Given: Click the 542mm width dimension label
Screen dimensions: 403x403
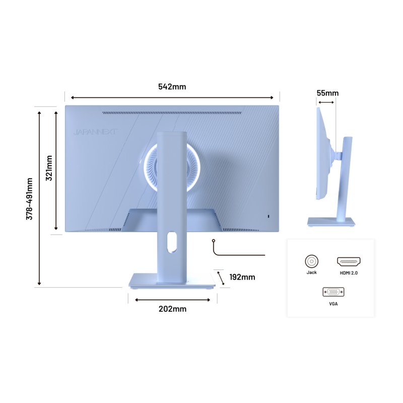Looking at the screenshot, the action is (172, 87).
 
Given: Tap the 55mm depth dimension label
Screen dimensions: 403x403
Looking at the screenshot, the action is (327, 93).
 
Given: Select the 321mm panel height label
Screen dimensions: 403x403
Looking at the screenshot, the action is (49, 168).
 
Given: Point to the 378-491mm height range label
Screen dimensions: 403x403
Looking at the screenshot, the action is (29, 198).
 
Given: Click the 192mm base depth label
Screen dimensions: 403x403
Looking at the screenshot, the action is (242, 277).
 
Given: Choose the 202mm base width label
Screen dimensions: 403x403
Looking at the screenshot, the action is (172, 309).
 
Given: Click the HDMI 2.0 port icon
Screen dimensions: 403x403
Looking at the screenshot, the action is (349, 261).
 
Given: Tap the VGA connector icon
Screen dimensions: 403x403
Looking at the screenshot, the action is (333, 292).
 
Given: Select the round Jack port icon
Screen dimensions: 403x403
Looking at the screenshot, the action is (311, 261).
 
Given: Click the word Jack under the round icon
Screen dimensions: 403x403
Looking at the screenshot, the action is (311, 273).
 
